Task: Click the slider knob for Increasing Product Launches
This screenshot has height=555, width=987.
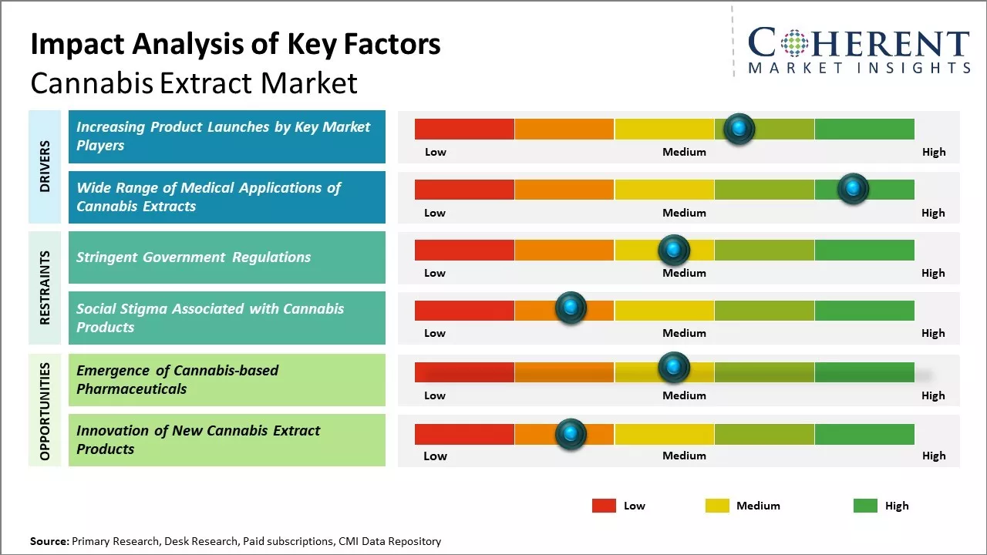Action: tap(739, 129)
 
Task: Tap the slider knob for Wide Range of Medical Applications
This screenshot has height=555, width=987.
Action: tap(853, 189)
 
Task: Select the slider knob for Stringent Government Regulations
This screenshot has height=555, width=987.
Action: tap(674, 250)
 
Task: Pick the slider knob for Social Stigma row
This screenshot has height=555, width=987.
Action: tap(571, 308)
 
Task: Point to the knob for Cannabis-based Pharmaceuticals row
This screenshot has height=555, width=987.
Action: tap(674, 367)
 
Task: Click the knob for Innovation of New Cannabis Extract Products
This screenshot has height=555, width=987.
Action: tap(571, 434)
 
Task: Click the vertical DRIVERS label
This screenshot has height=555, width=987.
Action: tap(45, 166)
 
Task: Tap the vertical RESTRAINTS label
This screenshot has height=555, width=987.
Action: tap(45, 287)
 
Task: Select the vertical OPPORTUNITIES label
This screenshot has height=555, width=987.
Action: tap(45, 411)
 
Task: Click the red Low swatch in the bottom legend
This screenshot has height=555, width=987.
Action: tap(604, 506)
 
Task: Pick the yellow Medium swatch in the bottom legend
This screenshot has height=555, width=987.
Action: tap(717, 506)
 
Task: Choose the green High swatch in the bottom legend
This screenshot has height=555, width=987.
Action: tap(865, 506)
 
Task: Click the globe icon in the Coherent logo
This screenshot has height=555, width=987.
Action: tap(794, 43)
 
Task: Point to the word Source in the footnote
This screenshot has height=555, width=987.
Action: tap(49, 541)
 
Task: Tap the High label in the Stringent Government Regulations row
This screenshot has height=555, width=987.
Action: tap(933, 273)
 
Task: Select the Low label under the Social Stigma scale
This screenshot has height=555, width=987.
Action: tap(435, 333)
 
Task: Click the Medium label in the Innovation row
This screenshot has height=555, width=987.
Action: tap(684, 456)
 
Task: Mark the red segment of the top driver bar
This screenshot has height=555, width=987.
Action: tap(464, 129)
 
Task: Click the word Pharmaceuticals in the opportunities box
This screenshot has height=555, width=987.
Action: tap(132, 388)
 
